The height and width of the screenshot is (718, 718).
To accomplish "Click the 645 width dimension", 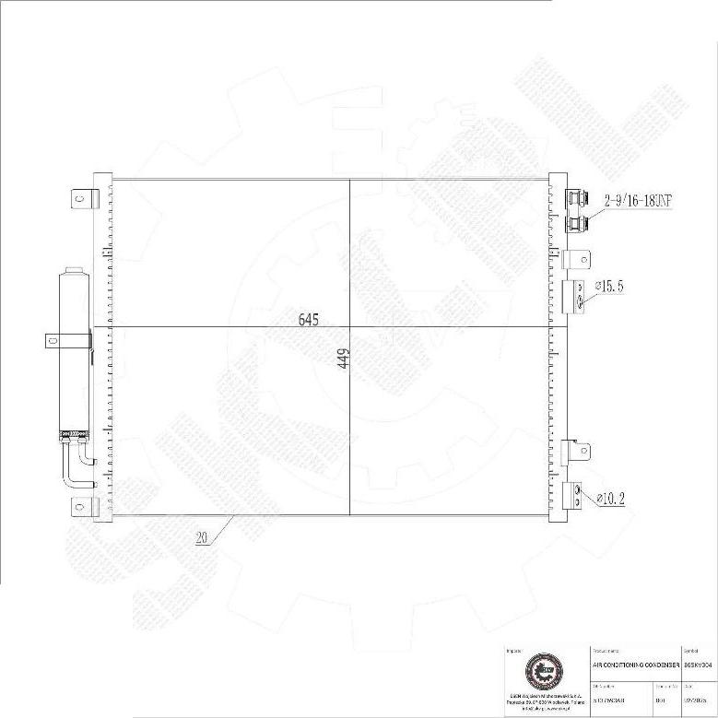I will click(308, 320).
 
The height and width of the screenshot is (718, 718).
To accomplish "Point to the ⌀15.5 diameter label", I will click(608, 287).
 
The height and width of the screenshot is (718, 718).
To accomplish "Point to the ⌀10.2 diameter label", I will click(612, 499).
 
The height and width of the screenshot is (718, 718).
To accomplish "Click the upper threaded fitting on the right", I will click(578, 197).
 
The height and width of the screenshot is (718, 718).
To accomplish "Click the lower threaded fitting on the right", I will click(578, 223).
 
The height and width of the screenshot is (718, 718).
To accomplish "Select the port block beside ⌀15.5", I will click(573, 295).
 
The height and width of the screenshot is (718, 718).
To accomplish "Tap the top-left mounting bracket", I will click(84, 198).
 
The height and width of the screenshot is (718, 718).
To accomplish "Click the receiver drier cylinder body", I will click(73, 350).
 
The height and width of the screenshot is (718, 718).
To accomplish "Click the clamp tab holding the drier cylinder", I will click(56, 340).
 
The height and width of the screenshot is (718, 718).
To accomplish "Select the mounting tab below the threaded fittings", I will click(577, 259).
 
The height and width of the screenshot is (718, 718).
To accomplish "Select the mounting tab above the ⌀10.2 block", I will click(577, 452).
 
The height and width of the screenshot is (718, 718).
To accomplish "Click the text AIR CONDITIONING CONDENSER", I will click(635, 664).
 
